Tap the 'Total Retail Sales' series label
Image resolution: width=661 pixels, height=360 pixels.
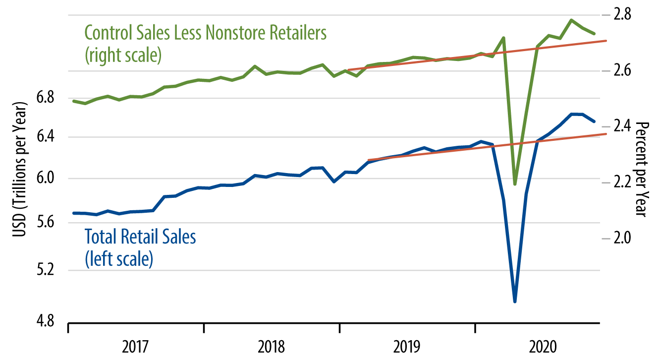[x=141, y=237]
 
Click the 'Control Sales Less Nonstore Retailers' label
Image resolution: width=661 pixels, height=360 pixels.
[x=206, y=33]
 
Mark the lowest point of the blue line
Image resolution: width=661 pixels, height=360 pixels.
[x=515, y=301]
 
